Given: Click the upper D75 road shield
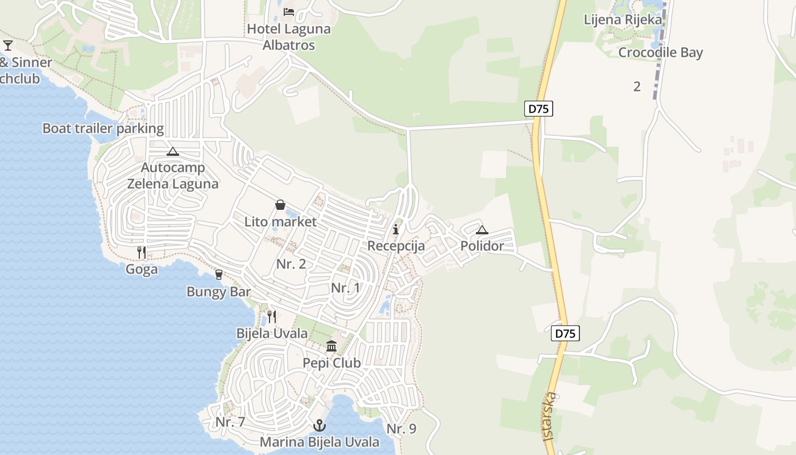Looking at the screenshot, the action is click(x=538, y=109).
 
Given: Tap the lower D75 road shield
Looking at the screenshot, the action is click(x=565, y=333).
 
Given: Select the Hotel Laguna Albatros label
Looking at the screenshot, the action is click(x=289, y=37).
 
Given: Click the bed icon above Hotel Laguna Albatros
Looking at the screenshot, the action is click(x=289, y=12).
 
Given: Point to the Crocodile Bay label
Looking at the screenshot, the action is click(x=661, y=53).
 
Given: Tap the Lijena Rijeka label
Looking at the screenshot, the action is click(x=623, y=20).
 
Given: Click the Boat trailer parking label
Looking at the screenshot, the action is click(x=103, y=129).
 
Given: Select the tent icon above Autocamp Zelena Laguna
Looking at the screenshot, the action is click(x=173, y=151).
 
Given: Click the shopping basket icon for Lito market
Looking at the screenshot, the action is click(x=280, y=204).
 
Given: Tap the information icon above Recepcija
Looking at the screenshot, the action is click(x=396, y=229).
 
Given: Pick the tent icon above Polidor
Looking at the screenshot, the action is click(x=482, y=230).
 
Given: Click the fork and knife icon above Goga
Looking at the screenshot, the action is click(x=142, y=252).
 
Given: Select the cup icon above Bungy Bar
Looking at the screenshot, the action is click(x=219, y=275).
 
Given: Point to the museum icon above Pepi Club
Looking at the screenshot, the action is click(x=331, y=346).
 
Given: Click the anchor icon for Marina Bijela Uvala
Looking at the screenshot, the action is click(x=320, y=425).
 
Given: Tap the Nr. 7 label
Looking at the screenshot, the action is click(x=230, y=423).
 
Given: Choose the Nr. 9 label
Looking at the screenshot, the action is click(x=401, y=429).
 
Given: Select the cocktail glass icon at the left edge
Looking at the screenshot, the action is click(x=7, y=45).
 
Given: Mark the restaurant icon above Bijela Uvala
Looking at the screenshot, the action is click(x=272, y=316).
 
